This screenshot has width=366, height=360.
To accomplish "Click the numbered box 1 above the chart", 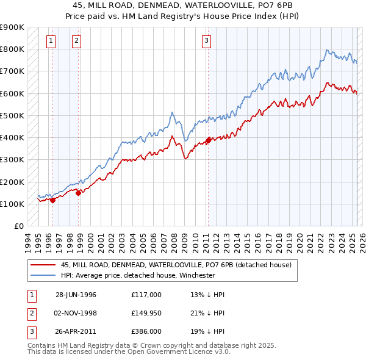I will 50,41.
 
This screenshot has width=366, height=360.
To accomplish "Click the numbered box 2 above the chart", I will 76,41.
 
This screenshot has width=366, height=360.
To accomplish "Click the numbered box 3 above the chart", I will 207,41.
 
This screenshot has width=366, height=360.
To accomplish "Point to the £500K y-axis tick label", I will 12,115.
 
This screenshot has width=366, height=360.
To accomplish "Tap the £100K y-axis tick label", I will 12,204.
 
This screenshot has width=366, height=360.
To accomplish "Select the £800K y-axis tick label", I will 12,49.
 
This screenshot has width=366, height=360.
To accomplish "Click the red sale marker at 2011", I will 208,140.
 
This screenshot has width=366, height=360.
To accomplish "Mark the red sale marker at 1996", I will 53,200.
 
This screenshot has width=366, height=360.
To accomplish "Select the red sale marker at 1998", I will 79,192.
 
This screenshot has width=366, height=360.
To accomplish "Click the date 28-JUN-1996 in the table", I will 76,295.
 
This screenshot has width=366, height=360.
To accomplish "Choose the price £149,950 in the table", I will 146,313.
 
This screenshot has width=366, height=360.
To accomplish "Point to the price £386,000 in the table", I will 146,331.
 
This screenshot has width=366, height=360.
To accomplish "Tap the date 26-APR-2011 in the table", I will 76,331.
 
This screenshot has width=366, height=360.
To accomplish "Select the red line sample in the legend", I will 43,265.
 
